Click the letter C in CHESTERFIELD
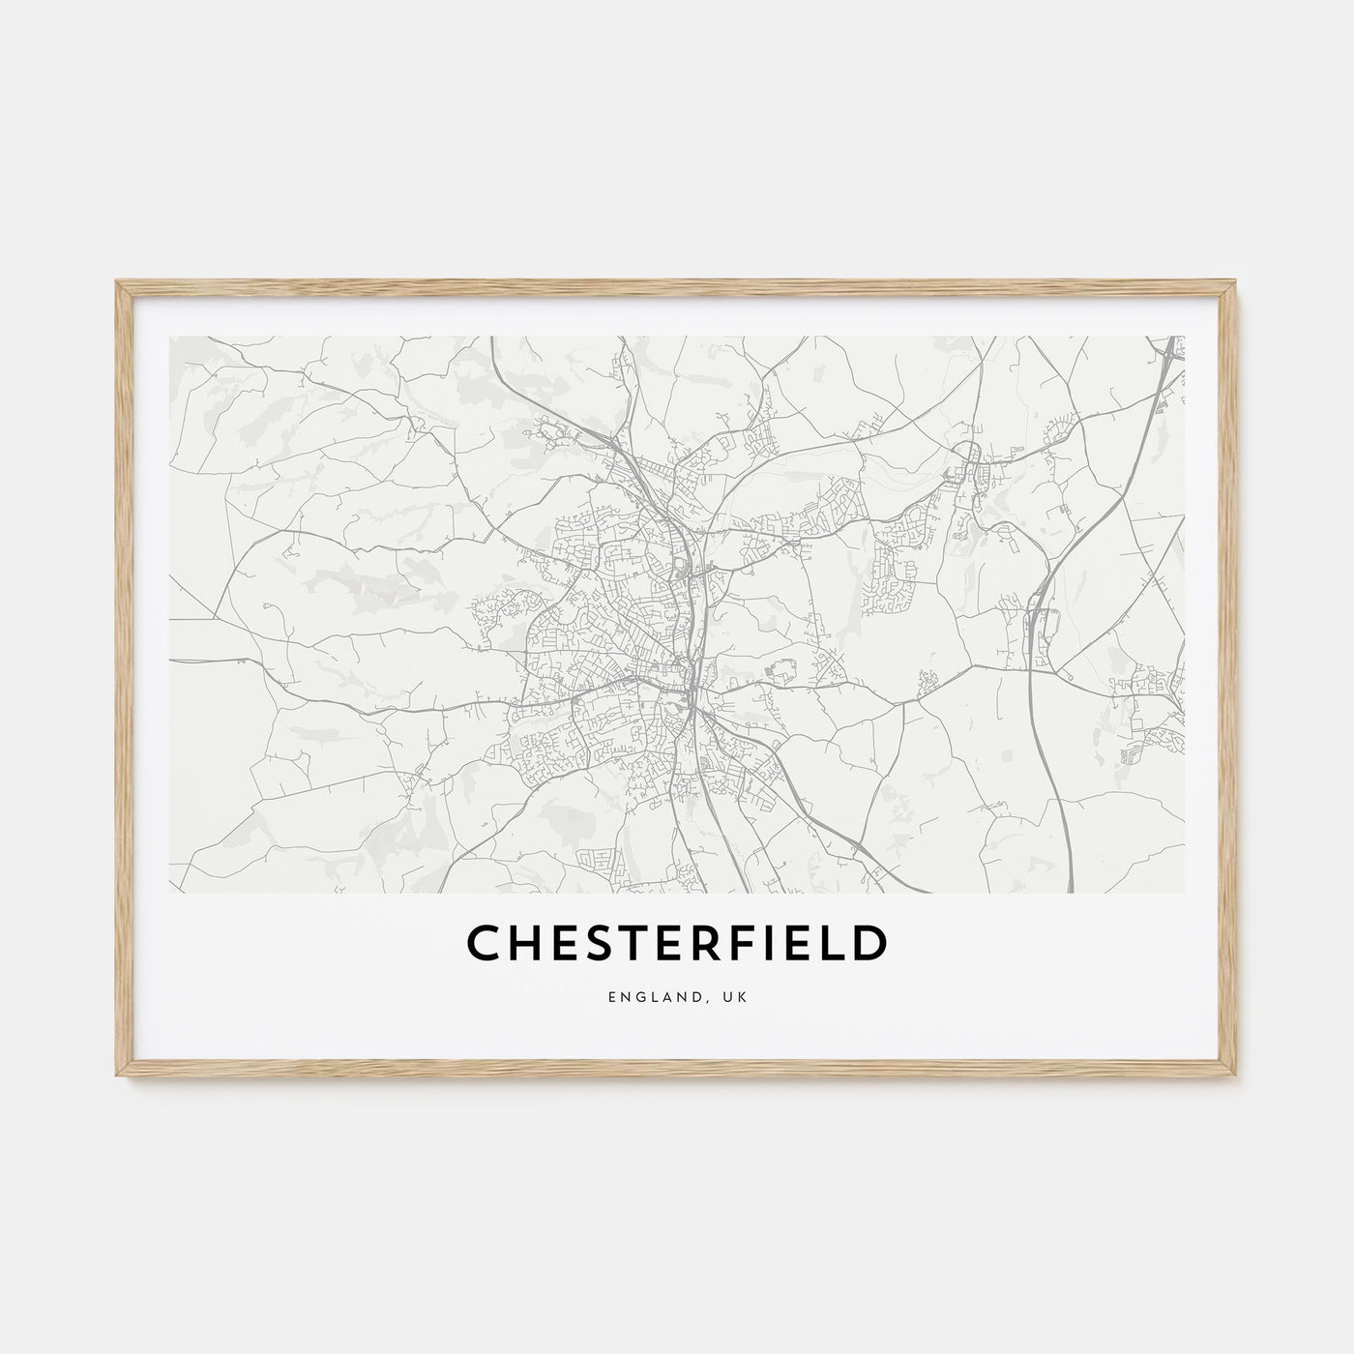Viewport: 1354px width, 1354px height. (485, 945)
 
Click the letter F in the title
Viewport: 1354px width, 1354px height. (751, 945)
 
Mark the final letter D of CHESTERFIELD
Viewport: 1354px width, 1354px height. (869, 945)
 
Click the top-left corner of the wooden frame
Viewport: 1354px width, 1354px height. (117, 282)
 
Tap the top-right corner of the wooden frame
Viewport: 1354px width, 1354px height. (1236, 282)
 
